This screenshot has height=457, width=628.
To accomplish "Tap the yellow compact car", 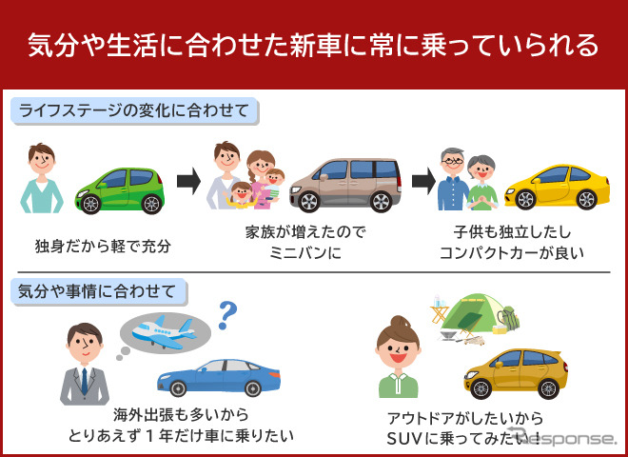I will click(x=557, y=187).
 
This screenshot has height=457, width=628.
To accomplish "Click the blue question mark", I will click(x=226, y=312).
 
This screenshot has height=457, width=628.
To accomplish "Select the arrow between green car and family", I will click(x=190, y=178).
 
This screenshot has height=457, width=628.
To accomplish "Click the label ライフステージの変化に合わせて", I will click(x=133, y=111).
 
